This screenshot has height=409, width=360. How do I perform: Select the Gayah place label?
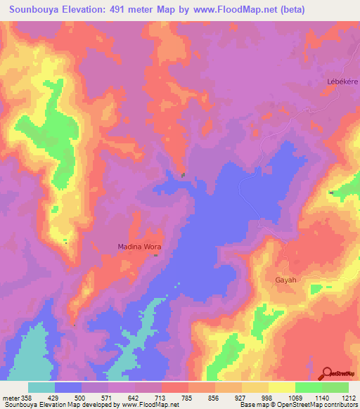[285, 280]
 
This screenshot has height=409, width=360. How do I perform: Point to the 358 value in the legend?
[27, 398]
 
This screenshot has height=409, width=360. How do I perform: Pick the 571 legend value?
[116, 398]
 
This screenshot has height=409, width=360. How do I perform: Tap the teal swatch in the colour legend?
[41, 387]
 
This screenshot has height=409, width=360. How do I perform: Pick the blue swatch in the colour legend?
[68, 387]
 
